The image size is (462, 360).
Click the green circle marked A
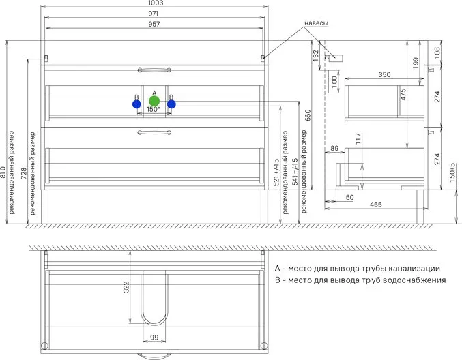[x=154, y=102]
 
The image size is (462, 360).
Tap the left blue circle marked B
[x=136, y=104]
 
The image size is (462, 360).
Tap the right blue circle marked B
[x=171, y=104]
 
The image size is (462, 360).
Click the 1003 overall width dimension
[x=156, y=3]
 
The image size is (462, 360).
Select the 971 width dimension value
[x=154, y=14]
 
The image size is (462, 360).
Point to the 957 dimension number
[x=154, y=24]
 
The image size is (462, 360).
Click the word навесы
[x=316, y=23]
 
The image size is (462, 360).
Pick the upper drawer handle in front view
[x=154, y=70]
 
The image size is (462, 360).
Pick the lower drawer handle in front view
[x=154, y=132]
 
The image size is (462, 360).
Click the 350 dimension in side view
[x=384, y=75]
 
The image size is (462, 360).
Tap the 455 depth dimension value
[x=376, y=205]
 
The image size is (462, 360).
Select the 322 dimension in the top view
[x=126, y=287]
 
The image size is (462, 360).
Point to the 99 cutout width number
[x=154, y=337]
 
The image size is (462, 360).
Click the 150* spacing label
[x=154, y=109]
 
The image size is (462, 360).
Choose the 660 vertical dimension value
[x=307, y=115]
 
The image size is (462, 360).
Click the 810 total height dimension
[x=3, y=172]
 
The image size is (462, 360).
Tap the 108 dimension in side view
[x=437, y=52]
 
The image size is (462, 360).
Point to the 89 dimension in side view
[x=334, y=148]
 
